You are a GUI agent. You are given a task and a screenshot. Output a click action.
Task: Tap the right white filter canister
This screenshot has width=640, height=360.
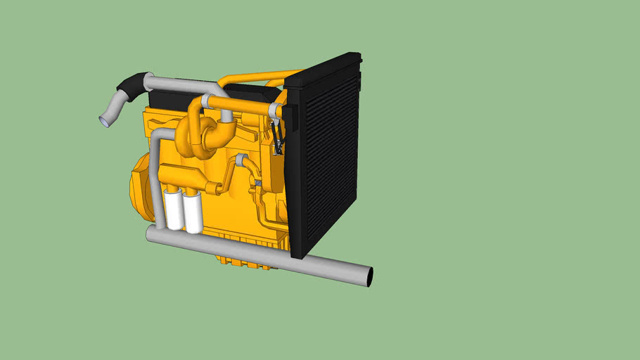[x=193, y=213]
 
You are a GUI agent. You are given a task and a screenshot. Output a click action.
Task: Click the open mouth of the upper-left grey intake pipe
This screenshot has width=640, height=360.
[x=104, y=122]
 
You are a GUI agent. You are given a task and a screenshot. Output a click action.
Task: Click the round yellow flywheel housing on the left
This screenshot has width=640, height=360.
[x=141, y=186]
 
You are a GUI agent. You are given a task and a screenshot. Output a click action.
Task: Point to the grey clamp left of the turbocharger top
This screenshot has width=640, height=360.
[x=205, y=102]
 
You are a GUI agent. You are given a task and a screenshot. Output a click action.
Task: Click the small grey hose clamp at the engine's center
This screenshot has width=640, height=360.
[x=241, y=160]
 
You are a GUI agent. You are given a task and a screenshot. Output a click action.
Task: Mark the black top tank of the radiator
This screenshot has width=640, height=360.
[x=324, y=70]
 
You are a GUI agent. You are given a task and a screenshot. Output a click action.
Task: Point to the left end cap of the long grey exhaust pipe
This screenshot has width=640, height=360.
[x=150, y=234]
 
